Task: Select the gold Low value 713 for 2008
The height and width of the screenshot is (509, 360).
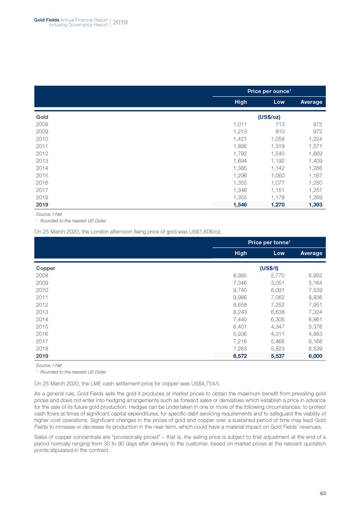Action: (x=279, y=124)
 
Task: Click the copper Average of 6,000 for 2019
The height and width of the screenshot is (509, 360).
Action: (x=314, y=356)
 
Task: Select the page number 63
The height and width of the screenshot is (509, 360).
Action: (x=323, y=493)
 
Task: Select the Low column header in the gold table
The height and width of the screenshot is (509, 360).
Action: (x=279, y=102)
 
